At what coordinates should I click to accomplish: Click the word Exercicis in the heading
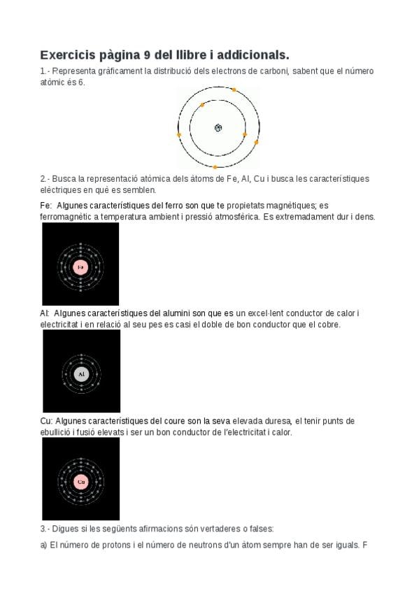pyautogui.click(x=68, y=55)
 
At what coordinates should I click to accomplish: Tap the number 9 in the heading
pyautogui.click(x=147, y=55)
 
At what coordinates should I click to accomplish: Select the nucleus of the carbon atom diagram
pyautogui.click(x=218, y=128)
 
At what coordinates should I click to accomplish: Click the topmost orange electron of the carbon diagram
pyautogui.click(x=234, y=90)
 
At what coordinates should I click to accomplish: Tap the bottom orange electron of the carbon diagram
pyautogui.click(x=215, y=166)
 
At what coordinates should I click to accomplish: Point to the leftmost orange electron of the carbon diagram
pyautogui.click(x=179, y=135)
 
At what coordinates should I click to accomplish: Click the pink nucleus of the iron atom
pyautogui.click(x=80, y=267)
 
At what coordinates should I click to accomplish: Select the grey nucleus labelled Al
pyautogui.click(x=81, y=374)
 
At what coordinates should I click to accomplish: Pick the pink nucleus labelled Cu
pyautogui.click(x=81, y=482)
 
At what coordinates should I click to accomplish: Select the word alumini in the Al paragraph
pyautogui.click(x=176, y=313)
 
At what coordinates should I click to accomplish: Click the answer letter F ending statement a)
pyautogui.click(x=365, y=545)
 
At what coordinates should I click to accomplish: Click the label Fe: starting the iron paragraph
pyautogui.click(x=45, y=206)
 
